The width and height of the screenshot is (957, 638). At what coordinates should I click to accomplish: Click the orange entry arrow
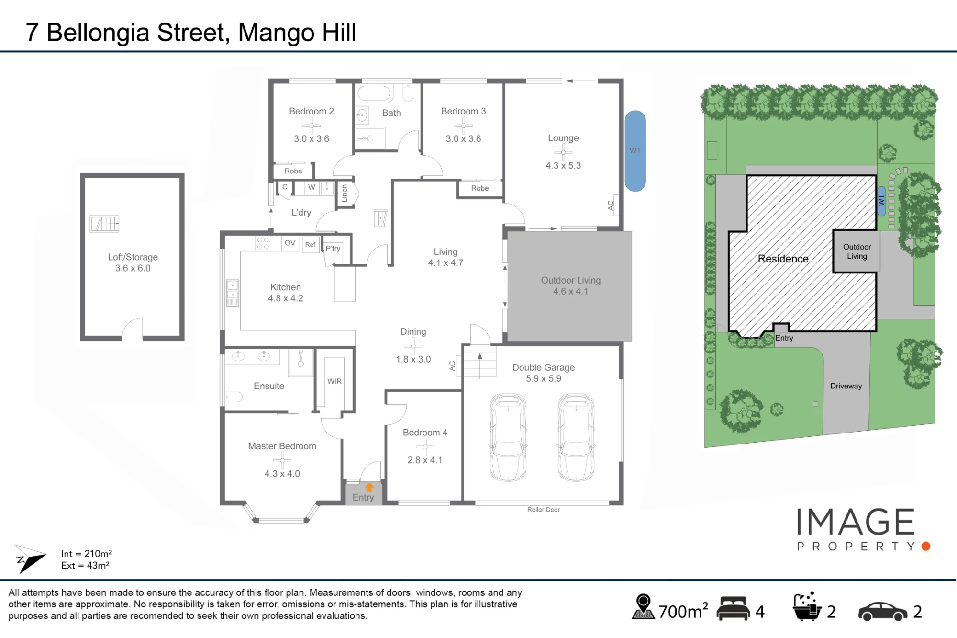(x=369, y=487)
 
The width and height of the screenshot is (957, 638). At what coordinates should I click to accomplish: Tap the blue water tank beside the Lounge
(x=635, y=151)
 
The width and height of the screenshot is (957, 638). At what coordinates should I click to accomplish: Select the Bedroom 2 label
(x=312, y=111)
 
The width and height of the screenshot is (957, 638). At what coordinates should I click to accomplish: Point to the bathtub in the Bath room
(x=374, y=93)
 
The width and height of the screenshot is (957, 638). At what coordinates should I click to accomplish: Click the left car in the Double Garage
(x=508, y=437)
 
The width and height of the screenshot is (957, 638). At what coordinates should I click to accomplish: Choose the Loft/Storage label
(x=133, y=257)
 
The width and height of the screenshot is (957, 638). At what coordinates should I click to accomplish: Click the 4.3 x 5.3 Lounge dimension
(x=563, y=166)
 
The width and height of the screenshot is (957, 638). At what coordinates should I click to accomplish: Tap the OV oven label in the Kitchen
(x=290, y=243)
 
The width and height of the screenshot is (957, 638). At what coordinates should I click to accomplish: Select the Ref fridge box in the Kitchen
(x=311, y=245)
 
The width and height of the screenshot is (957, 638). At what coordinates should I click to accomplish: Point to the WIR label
(x=334, y=381)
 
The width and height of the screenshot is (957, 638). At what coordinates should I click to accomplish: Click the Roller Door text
(x=544, y=510)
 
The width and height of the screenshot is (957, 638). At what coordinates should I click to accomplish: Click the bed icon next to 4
(x=733, y=609)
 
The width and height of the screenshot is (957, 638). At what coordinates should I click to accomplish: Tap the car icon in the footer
(x=883, y=612)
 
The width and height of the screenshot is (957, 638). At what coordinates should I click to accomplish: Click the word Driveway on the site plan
(x=846, y=386)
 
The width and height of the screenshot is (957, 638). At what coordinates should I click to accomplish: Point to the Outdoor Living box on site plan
(x=857, y=251)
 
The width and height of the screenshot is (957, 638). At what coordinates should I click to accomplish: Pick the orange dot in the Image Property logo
(x=926, y=546)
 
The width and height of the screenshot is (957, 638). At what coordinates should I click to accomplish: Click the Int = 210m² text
(x=87, y=554)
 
